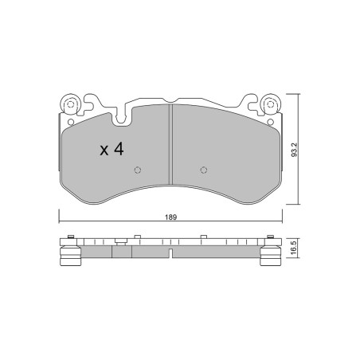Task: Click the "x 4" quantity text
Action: tap(112, 149)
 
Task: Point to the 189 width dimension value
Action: tap(170, 217)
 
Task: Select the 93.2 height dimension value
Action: tap(295, 150)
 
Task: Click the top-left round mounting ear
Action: tap(70, 104)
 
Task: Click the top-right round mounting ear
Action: tap(270, 104)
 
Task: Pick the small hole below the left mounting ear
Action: tap(71, 122)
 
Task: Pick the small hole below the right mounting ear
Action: tap(270, 122)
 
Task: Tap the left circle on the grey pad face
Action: tap(137, 170)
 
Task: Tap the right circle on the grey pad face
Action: tap(204, 170)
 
